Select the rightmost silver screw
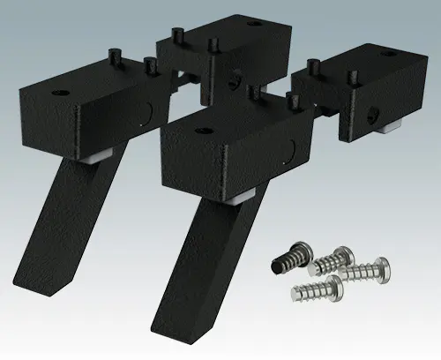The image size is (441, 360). pos(367,269)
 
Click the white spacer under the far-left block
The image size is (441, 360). pos(100,154)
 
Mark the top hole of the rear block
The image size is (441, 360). pos(255,24)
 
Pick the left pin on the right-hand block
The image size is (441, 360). pos(315,65)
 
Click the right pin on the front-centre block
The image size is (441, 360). pos(290,101)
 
